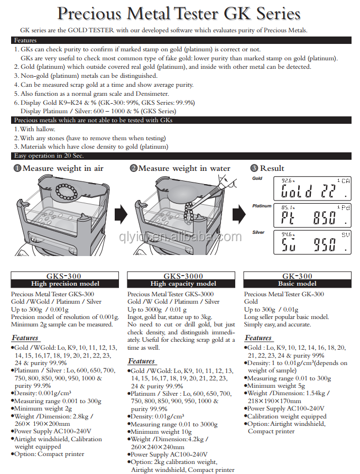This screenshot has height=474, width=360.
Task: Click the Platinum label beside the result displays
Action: (262, 206)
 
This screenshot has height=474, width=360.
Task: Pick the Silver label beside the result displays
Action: (259, 232)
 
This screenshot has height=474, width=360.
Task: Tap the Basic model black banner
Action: (298, 284)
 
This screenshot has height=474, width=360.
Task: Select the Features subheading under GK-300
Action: (258, 338)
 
